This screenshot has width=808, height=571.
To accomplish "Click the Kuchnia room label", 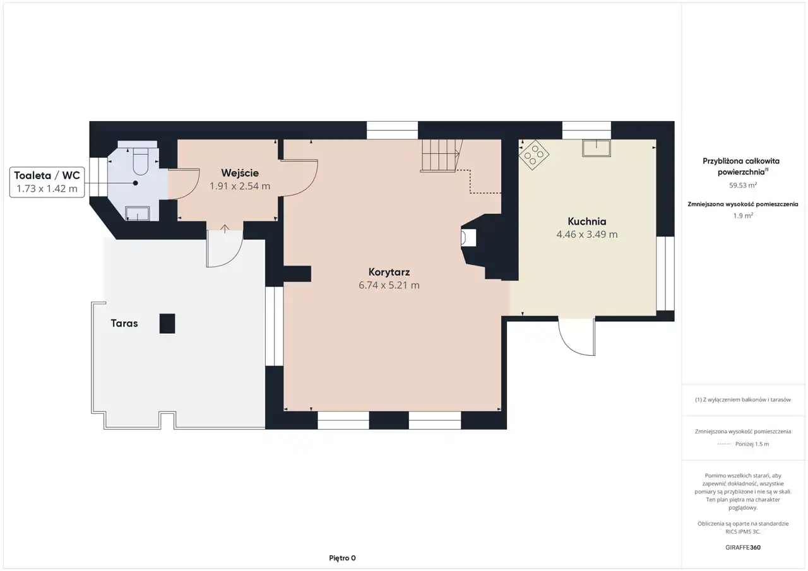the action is coord(586,221).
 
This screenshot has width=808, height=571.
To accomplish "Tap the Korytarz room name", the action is coord(389,272).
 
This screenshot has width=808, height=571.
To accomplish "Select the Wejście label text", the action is coord(240,173).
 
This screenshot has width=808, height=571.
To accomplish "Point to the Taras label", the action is coord(124,323).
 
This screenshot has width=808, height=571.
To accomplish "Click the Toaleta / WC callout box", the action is coord(47,182).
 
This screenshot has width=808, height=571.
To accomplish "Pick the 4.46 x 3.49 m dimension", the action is coord(587,234).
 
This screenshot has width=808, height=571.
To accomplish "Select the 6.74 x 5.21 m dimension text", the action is coord(389,285).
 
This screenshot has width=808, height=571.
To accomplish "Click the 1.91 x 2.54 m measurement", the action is coord(240,186).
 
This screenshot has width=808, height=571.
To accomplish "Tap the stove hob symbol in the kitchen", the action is coord(534,155).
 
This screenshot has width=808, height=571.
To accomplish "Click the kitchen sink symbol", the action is coord(597,148).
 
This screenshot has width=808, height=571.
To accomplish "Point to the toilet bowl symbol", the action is coord(141,162).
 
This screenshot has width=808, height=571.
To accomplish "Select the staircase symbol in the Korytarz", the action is coord(441,156).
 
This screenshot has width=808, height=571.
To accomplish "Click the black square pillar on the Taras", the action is coord(167,323).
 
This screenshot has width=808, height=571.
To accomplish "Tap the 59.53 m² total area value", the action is coord(743,185).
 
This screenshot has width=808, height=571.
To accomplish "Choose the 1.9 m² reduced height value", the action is coord(743,216).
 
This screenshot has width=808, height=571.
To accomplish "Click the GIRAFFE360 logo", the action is coord(743,547).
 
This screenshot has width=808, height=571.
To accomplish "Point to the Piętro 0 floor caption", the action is coord(342,558).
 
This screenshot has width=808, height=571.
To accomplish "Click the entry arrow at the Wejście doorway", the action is coord(225,228).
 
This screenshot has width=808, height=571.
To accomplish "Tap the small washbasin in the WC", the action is coord(137,213).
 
